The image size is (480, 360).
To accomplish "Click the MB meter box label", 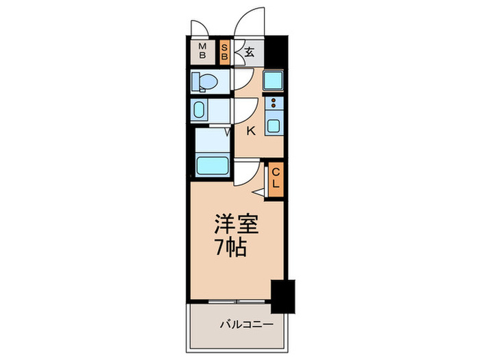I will pos(203,51).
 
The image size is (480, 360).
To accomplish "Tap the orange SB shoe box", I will pos(225,51).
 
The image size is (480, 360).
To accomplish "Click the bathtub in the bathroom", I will pos(212,165).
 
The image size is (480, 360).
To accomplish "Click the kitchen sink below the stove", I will pos(274,125).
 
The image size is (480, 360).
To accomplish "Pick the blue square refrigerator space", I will pos(273,81).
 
